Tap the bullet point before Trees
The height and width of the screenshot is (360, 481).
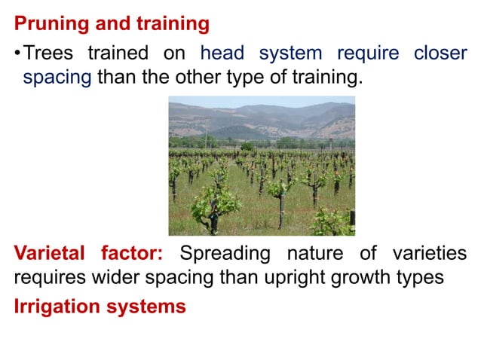(17, 54)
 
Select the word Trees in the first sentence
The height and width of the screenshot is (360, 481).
(48, 54)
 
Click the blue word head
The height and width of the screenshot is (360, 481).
(222, 54)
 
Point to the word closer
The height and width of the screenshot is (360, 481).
(440, 54)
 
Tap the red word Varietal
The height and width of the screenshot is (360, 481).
(51, 253)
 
